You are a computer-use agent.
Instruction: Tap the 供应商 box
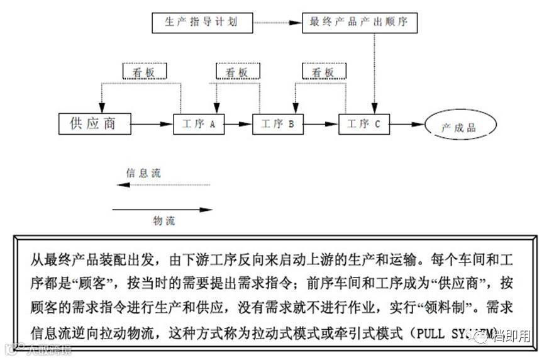click(x=95, y=123)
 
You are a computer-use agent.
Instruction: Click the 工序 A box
click(x=195, y=124)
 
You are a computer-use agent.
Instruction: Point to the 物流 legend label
click(x=164, y=220)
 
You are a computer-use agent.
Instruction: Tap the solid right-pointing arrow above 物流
click(x=162, y=209)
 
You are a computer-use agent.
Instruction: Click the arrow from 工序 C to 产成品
click(x=408, y=125)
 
